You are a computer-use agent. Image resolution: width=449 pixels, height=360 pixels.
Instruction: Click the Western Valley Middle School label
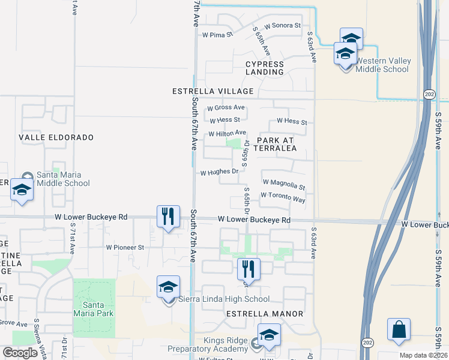[382, 65]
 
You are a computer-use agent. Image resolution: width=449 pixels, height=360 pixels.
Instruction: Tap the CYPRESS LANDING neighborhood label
[265, 68]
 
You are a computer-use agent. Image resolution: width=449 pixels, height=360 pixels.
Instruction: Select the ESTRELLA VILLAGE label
[221, 91]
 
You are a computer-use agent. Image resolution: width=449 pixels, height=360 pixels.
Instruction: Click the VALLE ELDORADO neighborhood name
[56, 137]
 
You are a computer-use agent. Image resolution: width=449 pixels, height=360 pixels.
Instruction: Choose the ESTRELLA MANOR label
[265, 314]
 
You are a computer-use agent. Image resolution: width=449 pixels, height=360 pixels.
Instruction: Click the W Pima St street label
[217, 35]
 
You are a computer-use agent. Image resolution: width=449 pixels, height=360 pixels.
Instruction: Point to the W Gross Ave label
[226, 108]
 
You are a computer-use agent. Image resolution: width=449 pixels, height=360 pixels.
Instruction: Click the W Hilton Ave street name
[227, 133]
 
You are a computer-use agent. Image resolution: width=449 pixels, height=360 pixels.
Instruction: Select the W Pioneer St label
[125, 247]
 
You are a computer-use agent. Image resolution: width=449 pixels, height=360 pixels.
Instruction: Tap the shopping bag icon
[399, 330]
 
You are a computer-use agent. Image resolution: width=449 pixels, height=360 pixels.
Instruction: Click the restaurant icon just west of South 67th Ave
[168, 216]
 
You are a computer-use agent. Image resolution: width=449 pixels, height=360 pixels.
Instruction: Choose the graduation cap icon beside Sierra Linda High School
[168, 287]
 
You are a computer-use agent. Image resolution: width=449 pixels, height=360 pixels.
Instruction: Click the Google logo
[20, 353]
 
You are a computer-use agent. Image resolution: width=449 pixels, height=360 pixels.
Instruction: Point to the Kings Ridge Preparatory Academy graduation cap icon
[269, 336]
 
